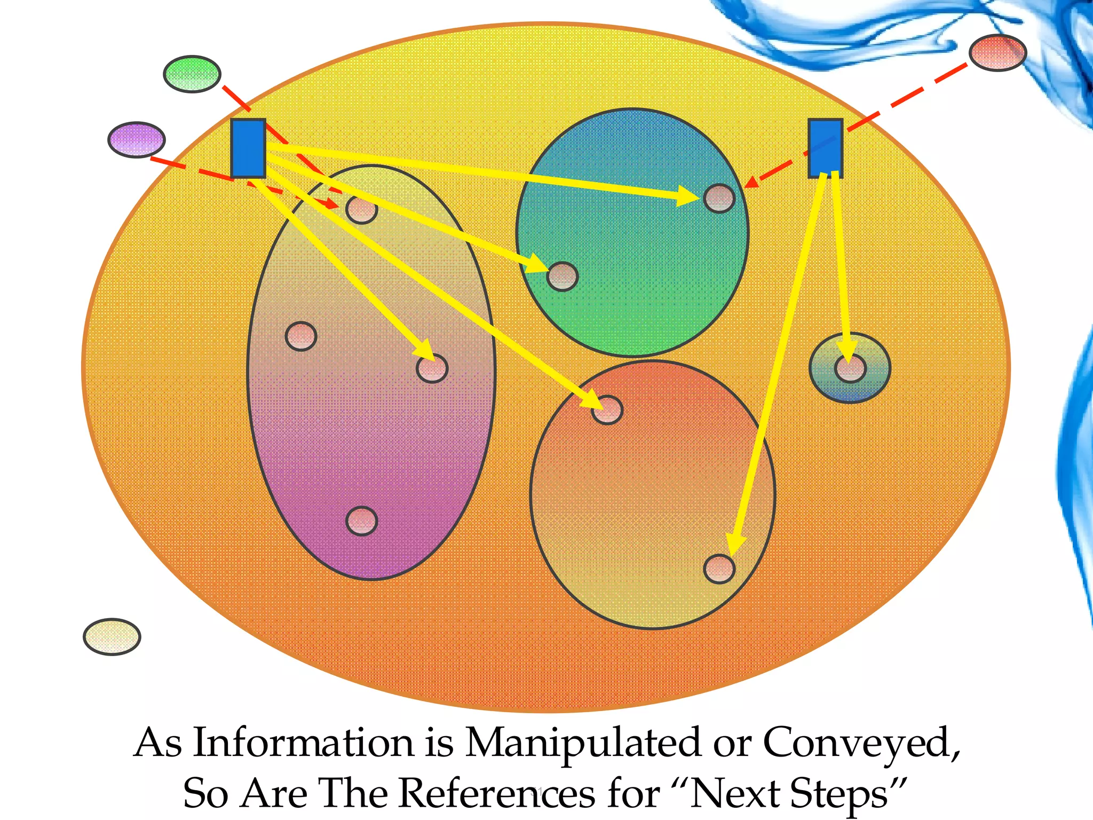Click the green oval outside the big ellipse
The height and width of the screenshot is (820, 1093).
[192, 74]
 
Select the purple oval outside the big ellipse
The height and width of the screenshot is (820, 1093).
[137, 139]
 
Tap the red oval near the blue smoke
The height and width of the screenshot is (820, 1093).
[997, 52]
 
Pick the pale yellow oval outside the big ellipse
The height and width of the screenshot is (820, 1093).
[112, 636]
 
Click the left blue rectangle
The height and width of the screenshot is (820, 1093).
[248, 148]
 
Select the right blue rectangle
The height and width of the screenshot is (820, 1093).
[825, 148]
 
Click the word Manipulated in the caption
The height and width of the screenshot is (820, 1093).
[583, 744]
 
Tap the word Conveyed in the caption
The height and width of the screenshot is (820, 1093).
[860, 744]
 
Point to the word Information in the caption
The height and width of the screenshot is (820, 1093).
[303, 743]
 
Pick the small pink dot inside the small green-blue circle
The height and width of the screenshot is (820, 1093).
[850, 368]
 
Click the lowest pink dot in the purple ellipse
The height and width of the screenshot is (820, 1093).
[361, 521]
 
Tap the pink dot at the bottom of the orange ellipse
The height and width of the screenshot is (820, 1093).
[719, 569]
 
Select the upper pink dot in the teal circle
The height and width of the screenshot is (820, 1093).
[719, 199]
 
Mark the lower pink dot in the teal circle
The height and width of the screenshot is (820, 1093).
[563, 277]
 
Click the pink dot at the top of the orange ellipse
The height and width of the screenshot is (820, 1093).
[607, 410]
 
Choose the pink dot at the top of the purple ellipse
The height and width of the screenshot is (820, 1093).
[361, 209]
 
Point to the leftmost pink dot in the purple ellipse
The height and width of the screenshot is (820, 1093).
[301, 336]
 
